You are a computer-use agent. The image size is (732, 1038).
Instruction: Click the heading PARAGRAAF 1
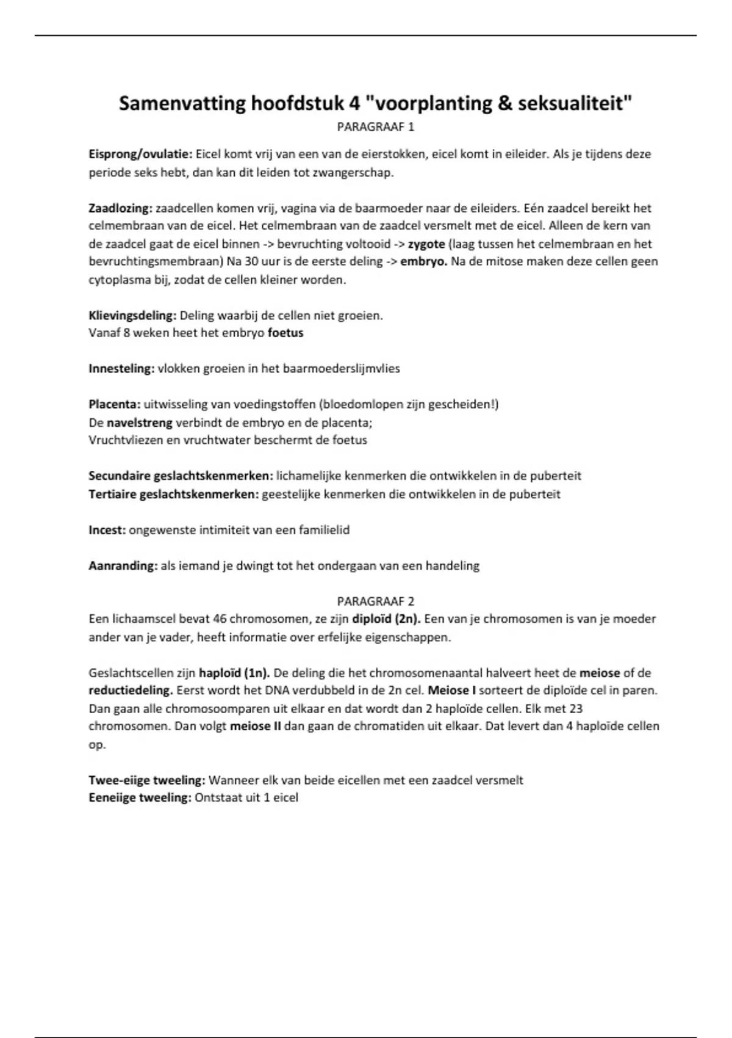[375, 127]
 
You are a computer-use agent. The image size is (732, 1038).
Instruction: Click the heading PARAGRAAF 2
[375, 601]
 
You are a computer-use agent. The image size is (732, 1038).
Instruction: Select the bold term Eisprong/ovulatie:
[141, 154]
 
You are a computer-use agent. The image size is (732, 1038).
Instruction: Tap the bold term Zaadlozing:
[120, 208]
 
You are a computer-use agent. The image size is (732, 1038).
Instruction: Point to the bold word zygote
[426, 244]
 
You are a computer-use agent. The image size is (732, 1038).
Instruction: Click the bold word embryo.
[423, 262]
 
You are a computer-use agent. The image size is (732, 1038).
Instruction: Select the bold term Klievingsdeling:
[132, 316]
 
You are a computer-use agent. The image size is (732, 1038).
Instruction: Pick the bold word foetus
[285, 333]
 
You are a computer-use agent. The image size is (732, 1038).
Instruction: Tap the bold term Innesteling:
[121, 369]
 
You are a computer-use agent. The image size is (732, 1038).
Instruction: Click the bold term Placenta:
[115, 404]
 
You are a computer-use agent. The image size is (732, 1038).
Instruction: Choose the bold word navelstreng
[140, 423]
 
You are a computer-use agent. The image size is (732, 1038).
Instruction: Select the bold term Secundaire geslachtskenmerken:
[181, 476]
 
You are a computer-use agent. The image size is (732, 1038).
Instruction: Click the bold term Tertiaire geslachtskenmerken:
[174, 494]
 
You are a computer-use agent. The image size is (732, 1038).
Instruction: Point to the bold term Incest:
[107, 530]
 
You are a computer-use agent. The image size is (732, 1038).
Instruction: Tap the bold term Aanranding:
[123, 566]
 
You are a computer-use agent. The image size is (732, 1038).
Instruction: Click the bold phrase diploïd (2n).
[386, 619]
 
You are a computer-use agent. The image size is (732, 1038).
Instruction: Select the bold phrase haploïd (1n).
[235, 673]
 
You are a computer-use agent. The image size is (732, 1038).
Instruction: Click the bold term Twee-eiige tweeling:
[147, 780]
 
